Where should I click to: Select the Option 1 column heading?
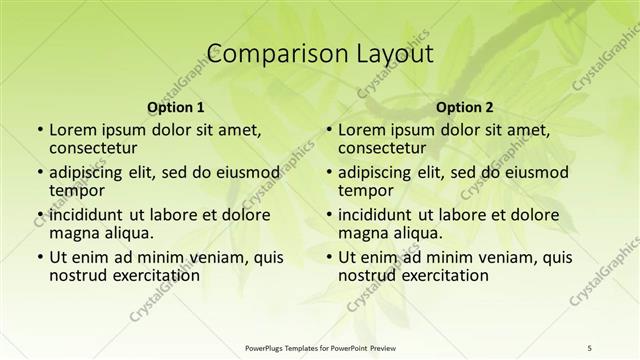[x=176, y=107]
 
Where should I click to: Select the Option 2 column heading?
[x=465, y=107]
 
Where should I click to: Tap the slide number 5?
[x=590, y=347]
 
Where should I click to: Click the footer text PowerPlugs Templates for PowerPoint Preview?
[x=320, y=347]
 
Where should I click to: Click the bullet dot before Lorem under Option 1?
[x=39, y=131]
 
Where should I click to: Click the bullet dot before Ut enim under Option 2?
[x=328, y=257]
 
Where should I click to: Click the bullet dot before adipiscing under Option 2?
[x=328, y=173]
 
